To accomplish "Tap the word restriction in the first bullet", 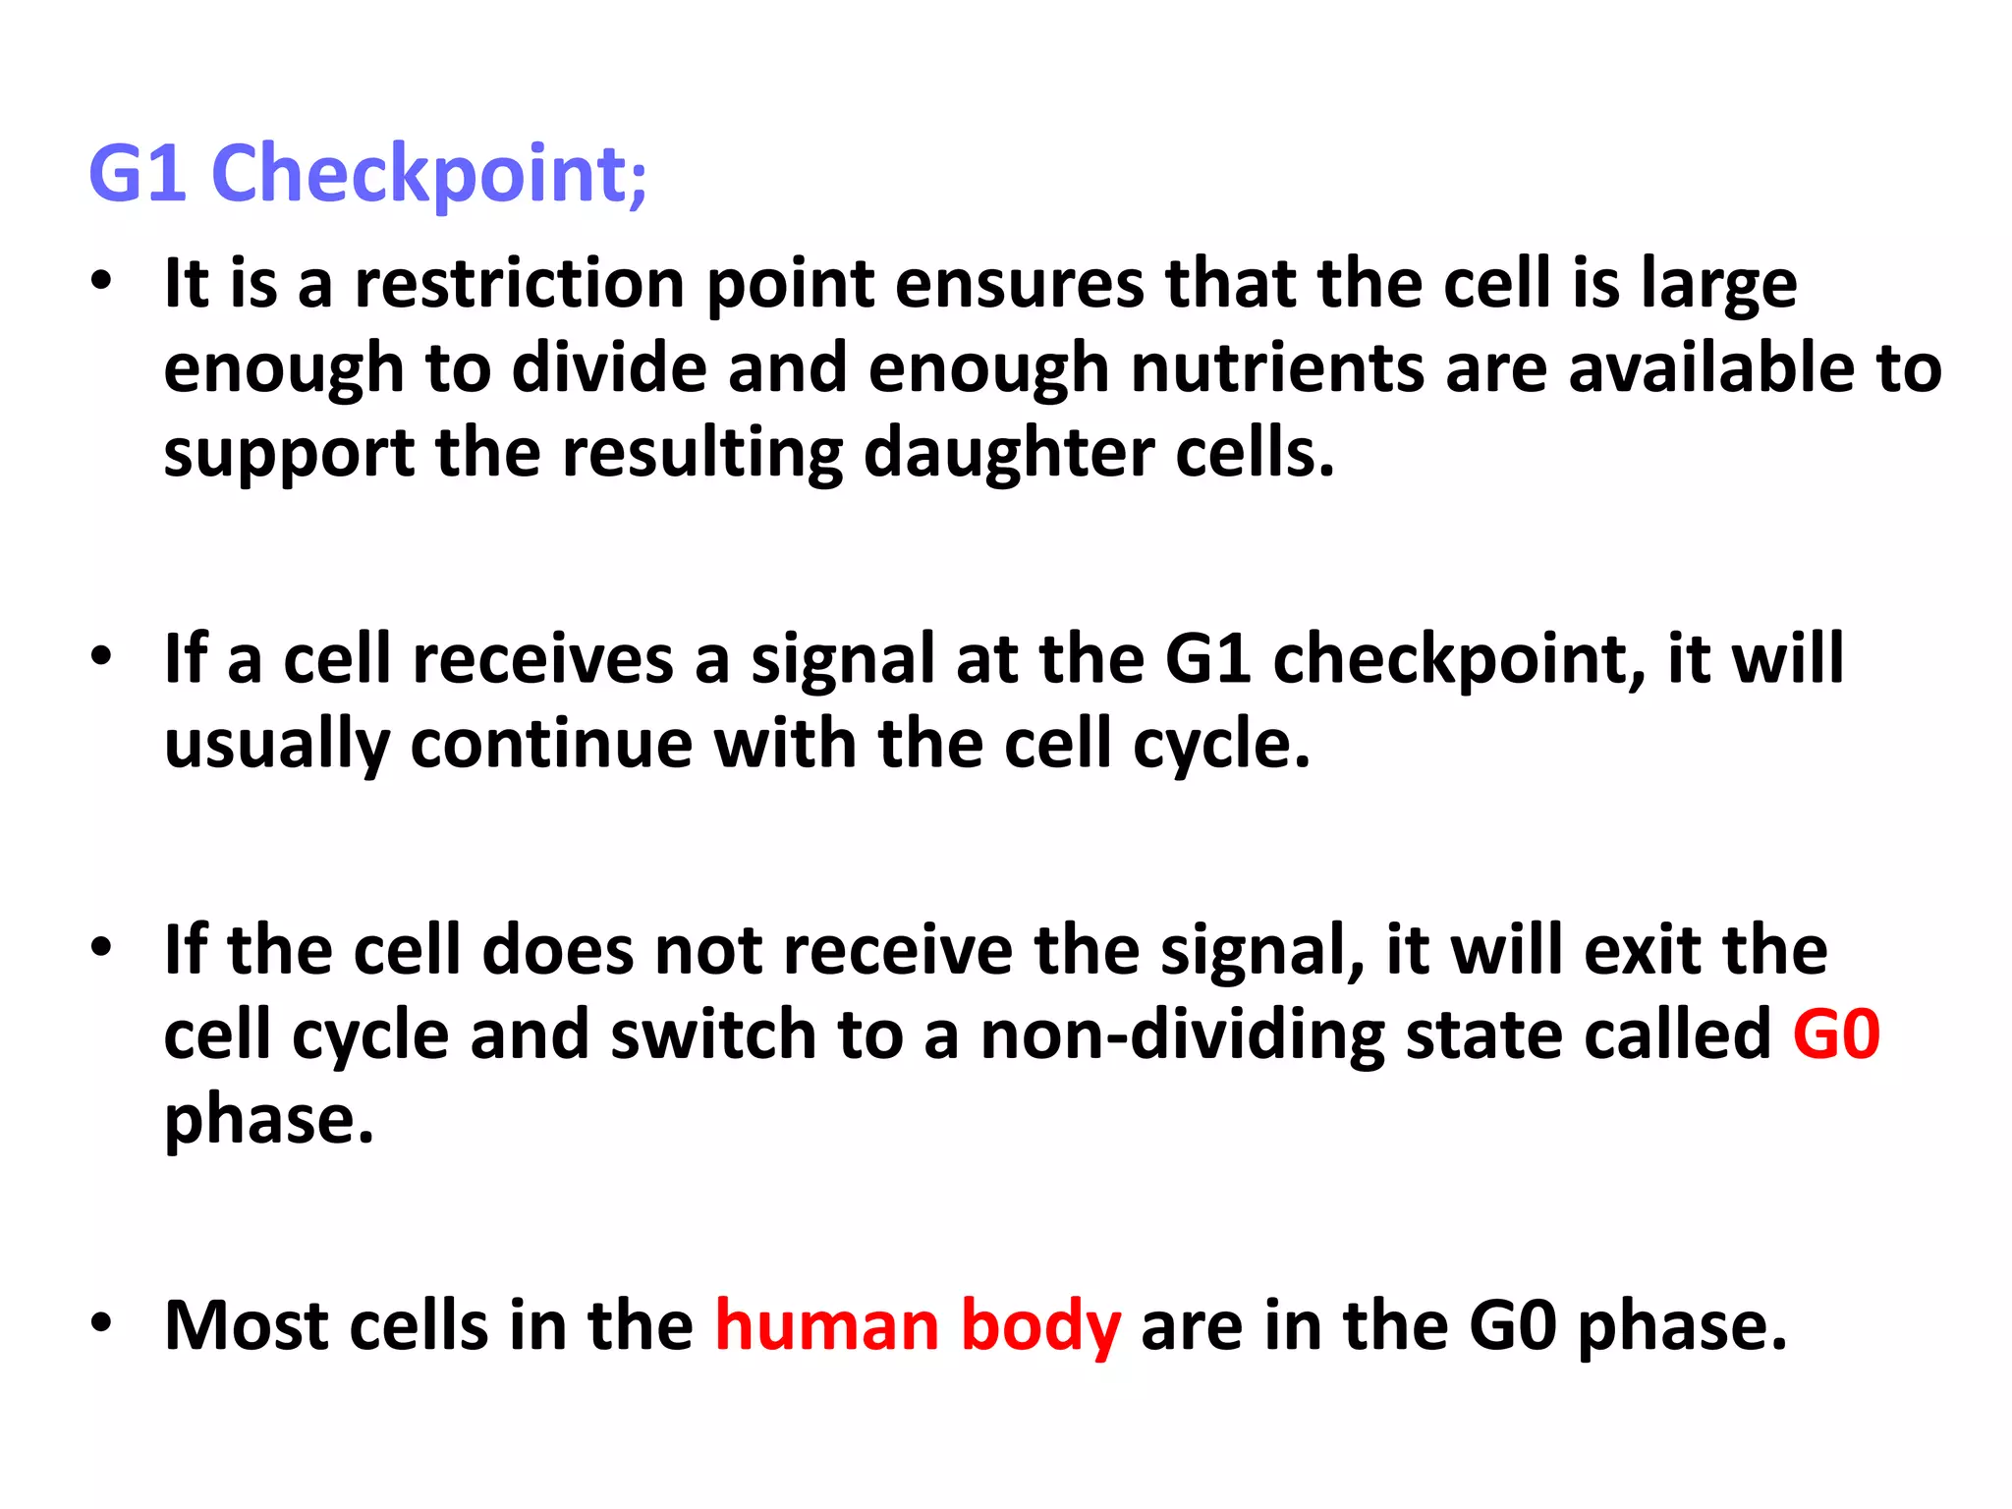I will click(x=519, y=284).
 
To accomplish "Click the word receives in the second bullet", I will click(x=542, y=659).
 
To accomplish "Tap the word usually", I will click(x=277, y=745).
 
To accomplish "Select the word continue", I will click(x=551, y=744).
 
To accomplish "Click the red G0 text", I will click(x=1835, y=1034).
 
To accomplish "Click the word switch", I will click(x=713, y=1034).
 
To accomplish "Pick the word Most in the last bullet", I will click(x=247, y=1325).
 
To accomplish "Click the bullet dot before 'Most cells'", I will click(x=101, y=1322).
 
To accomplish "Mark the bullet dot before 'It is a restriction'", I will click(x=101, y=281).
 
